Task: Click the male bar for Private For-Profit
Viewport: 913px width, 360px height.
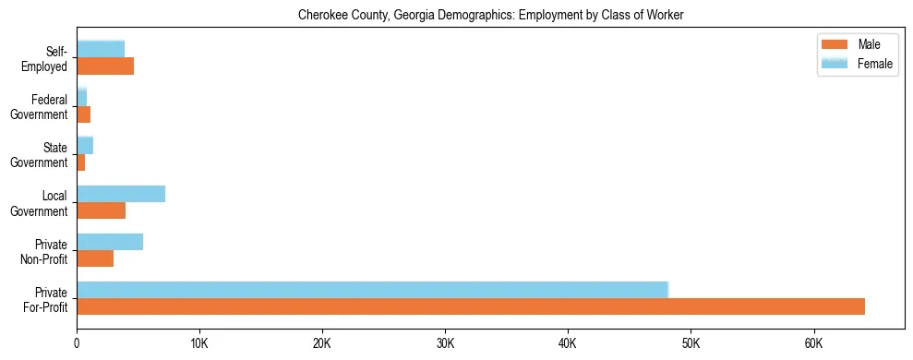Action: pos(471,306)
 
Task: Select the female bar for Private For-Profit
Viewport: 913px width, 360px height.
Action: pos(372,290)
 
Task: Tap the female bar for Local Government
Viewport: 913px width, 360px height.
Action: pos(121,194)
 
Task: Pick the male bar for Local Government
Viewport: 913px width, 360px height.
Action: pos(102,210)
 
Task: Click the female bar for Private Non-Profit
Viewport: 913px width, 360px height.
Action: pos(110,242)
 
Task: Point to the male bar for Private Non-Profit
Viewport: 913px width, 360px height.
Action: pos(95,258)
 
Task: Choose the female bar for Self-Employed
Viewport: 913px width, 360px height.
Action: pos(101,49)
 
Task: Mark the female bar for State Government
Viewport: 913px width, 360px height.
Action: pos(85,145)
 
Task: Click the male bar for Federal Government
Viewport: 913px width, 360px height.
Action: pos(84,114)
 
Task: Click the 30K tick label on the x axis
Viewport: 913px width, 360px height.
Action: pos(445,343)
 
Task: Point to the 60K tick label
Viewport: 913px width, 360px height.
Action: pos(813,343)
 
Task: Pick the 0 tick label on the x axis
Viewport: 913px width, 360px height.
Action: pos(77,343)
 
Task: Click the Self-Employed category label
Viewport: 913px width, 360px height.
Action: pos(48,58)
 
